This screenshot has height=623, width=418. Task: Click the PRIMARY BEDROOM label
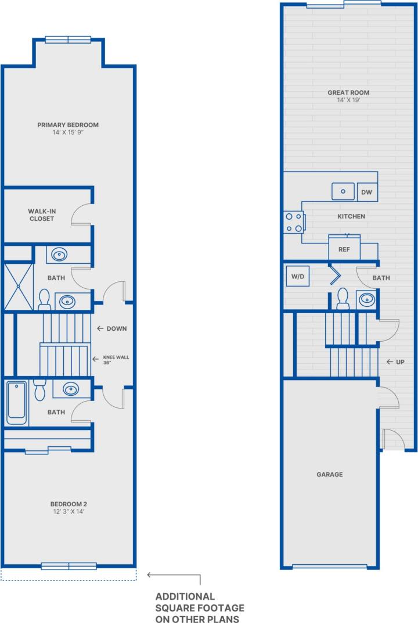click(x=68, y=125)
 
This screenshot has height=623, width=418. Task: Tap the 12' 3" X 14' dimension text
click(x=68, y=512)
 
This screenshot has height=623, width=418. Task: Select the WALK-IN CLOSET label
click(x=41, y=215)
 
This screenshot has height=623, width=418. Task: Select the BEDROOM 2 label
click(x=68, y=504)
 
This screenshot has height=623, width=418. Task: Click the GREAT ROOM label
click(x=348, y=92)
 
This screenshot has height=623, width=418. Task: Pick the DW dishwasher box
click(x=366, y=192)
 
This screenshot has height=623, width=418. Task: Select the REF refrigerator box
click(x=344, y=249)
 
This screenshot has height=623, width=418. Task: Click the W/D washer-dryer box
click(x=298, y=277)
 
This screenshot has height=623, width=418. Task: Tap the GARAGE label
click(x=329, y=474)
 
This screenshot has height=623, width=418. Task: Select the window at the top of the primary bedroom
click(x=69, y=40)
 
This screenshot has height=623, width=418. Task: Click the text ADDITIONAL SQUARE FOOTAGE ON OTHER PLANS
click(x=200, y=607)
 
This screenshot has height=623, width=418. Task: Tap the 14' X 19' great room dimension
click(x=348, y=101)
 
